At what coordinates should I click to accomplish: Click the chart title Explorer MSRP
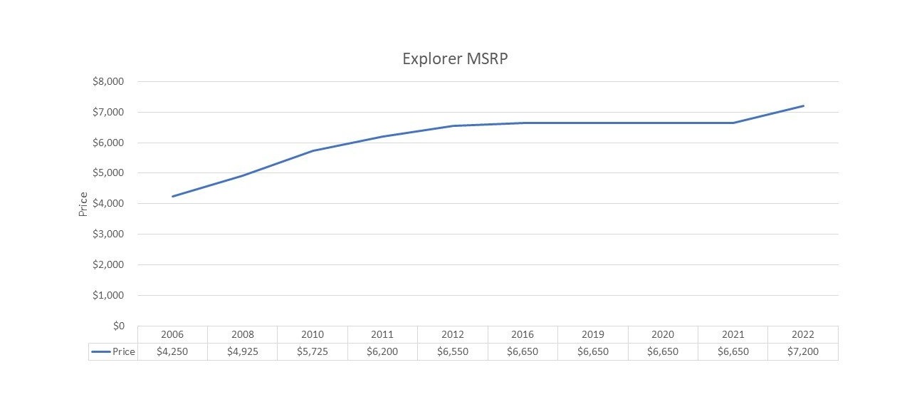click(455, 58)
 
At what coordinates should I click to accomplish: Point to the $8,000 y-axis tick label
click(108, 82)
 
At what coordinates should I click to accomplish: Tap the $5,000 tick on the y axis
click(108, 173)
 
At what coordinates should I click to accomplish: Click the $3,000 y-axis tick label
click(108, 234)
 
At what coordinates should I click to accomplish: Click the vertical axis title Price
click(83, 204)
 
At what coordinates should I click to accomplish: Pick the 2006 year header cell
click(172, 334)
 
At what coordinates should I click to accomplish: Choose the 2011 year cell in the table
click(382, 334)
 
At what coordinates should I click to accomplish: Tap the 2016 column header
click(523, 334)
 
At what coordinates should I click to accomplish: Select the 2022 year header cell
click(802, 334)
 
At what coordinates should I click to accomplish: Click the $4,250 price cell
click(172, 351)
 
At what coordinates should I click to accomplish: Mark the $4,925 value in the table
click(242, 351)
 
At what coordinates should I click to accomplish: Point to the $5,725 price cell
click(313, 351)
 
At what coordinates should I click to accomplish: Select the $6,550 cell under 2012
click(453, 351)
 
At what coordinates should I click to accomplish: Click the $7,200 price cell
click(802, 351)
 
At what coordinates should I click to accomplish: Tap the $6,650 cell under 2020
click(663, 351)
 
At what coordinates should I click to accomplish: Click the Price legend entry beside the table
click(113, 351)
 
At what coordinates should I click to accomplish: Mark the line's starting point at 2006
click(172, 196)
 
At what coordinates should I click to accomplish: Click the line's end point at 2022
click(803, 106)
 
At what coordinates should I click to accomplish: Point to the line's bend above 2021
click(733, 123)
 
